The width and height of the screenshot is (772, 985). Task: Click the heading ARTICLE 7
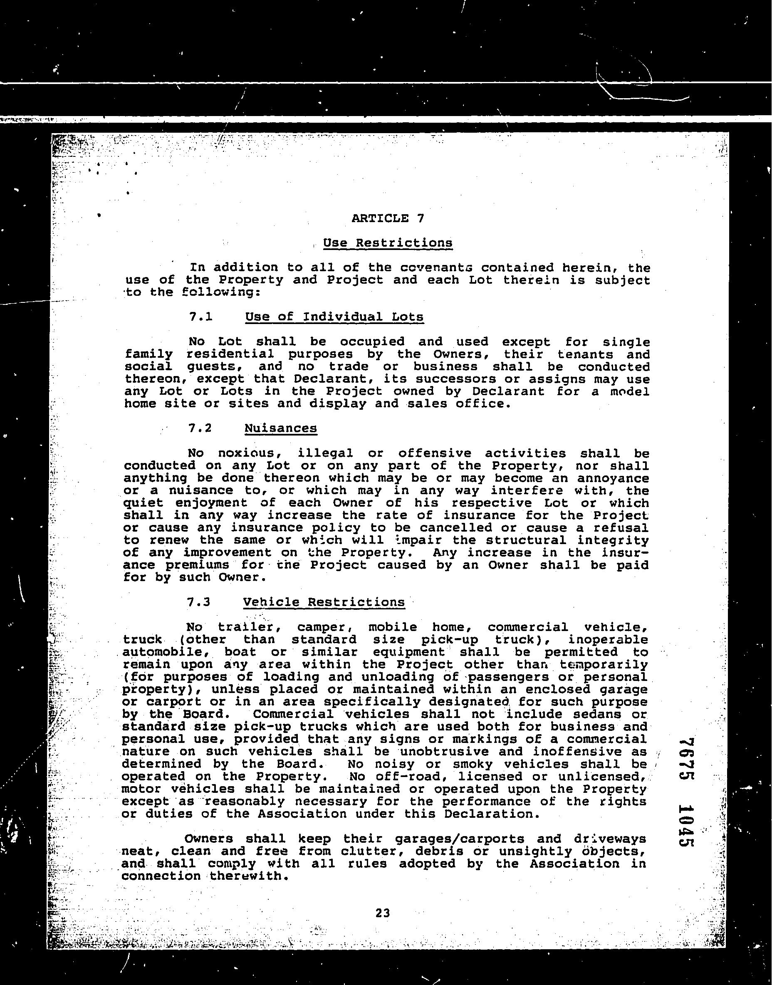tap(388, 218)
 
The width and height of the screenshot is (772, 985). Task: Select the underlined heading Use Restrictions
tap(387, 243)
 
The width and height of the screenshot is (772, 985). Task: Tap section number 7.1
tap(200, 317)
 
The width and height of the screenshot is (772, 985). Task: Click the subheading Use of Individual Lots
tap(334, 317)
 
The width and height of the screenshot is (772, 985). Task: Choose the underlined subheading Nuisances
tap(281, 428)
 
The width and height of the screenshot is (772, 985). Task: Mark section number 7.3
tap(199, 602)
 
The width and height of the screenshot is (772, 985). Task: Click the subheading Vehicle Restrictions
tap(324, 602)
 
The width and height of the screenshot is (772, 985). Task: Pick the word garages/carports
tap(459, 839)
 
